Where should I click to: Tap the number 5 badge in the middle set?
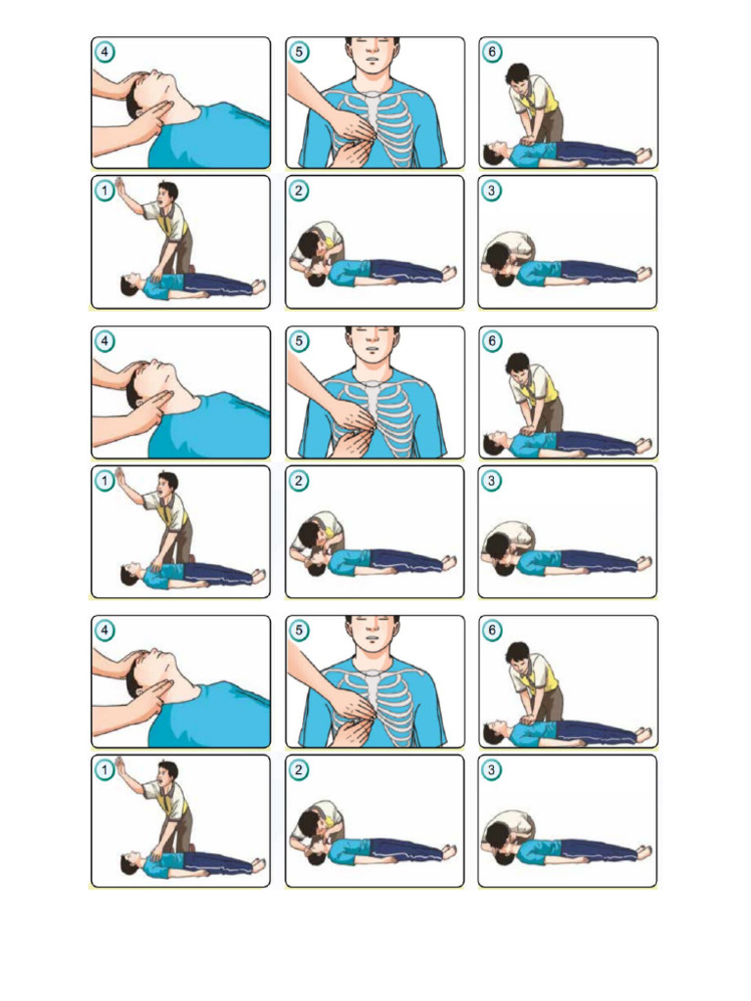(299, 341)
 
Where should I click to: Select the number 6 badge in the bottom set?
(493, 631)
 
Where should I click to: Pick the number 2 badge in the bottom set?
(299, 769)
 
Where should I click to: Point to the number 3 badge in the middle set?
(493, 480)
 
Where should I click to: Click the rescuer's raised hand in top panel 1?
(119, 184)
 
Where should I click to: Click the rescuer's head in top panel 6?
(517, 75)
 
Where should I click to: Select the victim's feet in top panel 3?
(642, 273)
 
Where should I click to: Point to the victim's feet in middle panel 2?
(449, 562)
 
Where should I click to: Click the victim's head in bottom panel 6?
(493, 732)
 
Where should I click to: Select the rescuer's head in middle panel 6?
(517, 365)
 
